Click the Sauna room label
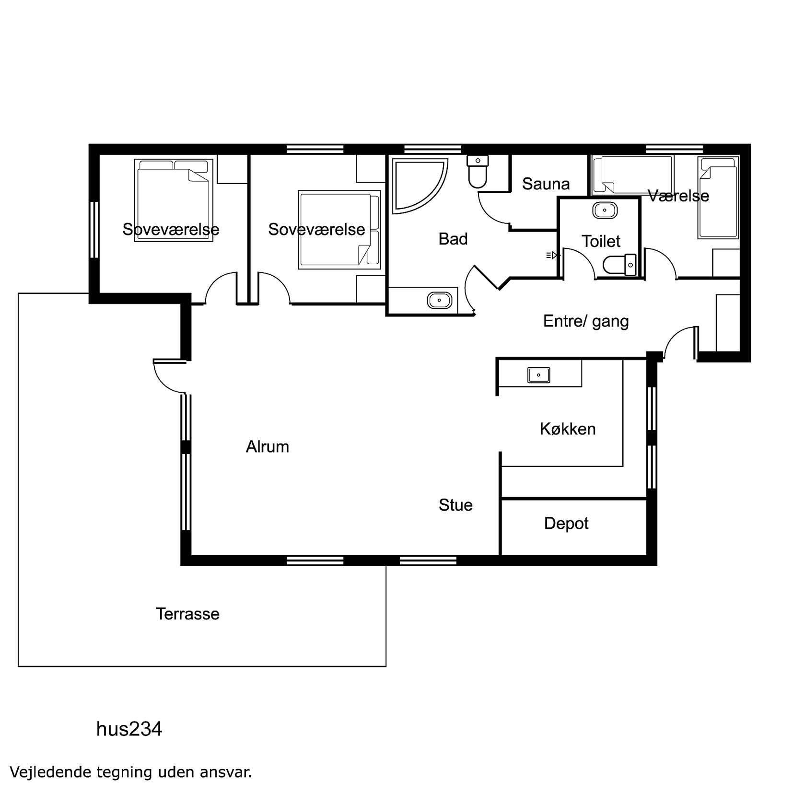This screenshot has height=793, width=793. [x=546, y=184]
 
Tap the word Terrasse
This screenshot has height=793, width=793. [x=187, y=614]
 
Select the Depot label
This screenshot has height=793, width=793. [x=566, y=524]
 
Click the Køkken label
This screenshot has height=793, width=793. [x=568, y=429]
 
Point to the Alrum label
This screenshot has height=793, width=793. [x=268, y=447]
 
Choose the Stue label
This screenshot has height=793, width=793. [x=455, y=505]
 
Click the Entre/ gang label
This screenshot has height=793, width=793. [x=586, y=321]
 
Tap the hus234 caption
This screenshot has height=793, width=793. [x=129, y=729]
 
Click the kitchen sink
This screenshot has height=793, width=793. [x=539, y=375]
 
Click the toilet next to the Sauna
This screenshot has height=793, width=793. [x=478, y=172]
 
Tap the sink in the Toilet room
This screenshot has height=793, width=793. [x=605, y=210]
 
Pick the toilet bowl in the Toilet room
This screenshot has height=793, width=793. [x=619, y=265]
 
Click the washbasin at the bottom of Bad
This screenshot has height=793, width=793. [x=439, y=301]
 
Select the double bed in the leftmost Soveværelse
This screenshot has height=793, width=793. [x=174, y=200]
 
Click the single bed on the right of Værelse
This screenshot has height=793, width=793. [x=718, y=198]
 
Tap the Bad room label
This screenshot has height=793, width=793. [x=453, y=239]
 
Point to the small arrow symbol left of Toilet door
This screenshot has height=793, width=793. [x=553, y=256]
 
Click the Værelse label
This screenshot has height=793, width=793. [x=678, y=196]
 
